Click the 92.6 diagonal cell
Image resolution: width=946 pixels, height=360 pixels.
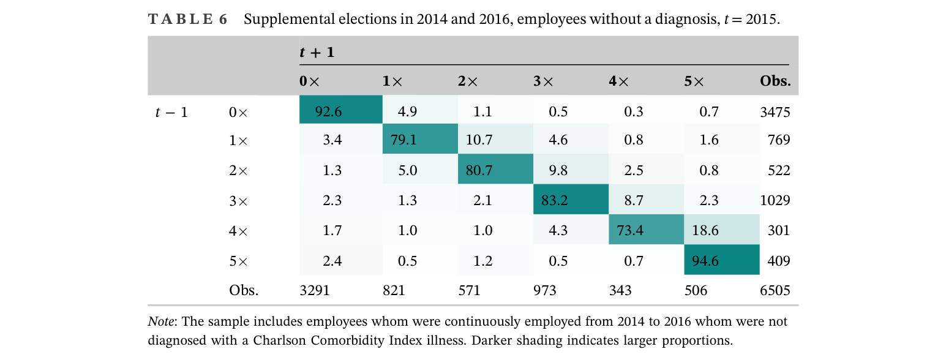tap(341, 110)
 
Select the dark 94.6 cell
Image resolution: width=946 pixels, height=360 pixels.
tap(722, 260)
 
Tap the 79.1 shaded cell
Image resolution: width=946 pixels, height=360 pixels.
tap(420, 138)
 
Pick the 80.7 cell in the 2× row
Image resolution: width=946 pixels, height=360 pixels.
tap(495, 169)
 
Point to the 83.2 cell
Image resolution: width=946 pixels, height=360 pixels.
tap(571, 199)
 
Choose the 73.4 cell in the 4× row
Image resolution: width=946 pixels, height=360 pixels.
tap(646, 230)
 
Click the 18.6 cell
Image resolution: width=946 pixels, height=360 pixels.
tap(722, 230)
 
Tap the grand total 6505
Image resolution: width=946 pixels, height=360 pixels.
tap(775, 290)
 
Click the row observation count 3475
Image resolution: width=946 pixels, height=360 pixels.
tap(775, 112)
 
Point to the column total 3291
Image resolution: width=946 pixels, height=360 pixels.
tap(315, 290)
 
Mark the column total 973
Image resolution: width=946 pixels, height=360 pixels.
tap(545, 290)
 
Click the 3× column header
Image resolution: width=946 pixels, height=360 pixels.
tap(543, 81)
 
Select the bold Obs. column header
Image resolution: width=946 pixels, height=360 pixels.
tap(775, 81)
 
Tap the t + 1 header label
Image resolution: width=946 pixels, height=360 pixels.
tap(317, 52)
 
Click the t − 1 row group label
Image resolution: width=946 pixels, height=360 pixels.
tap(171, 112)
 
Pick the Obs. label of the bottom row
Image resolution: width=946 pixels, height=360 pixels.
tap(244, 290)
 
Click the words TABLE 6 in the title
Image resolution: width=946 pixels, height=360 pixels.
tap(188, 19)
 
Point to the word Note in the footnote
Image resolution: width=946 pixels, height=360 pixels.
tap(161, 321)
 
